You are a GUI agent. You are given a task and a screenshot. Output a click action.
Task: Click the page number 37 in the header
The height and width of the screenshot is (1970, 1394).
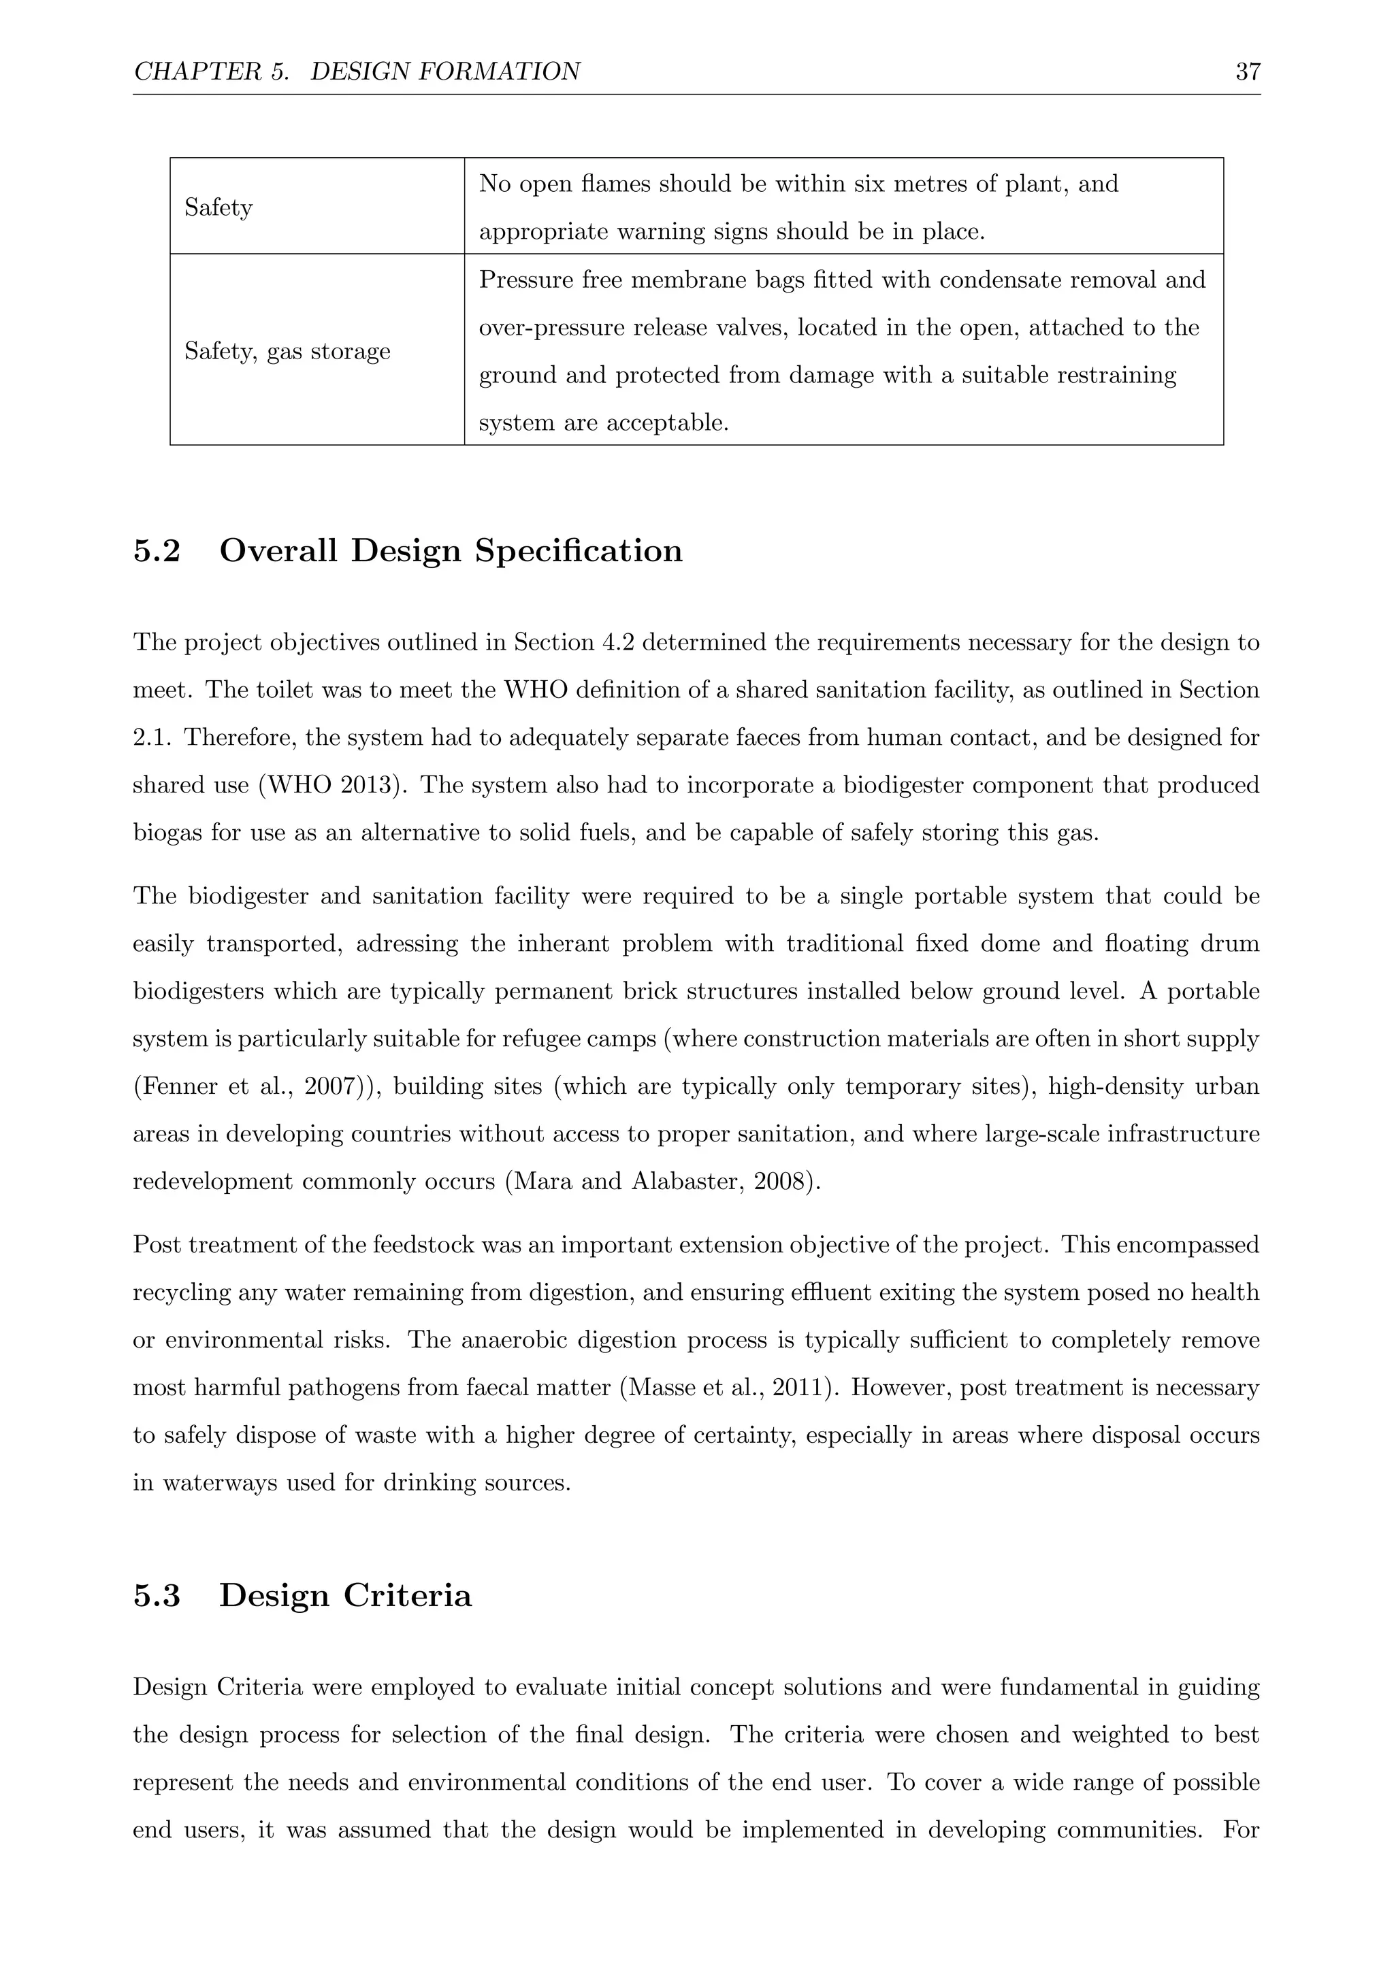(1247, 72)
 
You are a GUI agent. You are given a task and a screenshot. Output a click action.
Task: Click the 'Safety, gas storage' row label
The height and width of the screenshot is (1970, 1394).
(287, 351)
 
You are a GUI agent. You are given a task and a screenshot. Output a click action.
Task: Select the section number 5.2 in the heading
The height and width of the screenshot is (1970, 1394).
(157, 551)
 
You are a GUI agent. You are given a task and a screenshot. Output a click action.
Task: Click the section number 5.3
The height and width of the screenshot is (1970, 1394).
(157, 1596)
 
